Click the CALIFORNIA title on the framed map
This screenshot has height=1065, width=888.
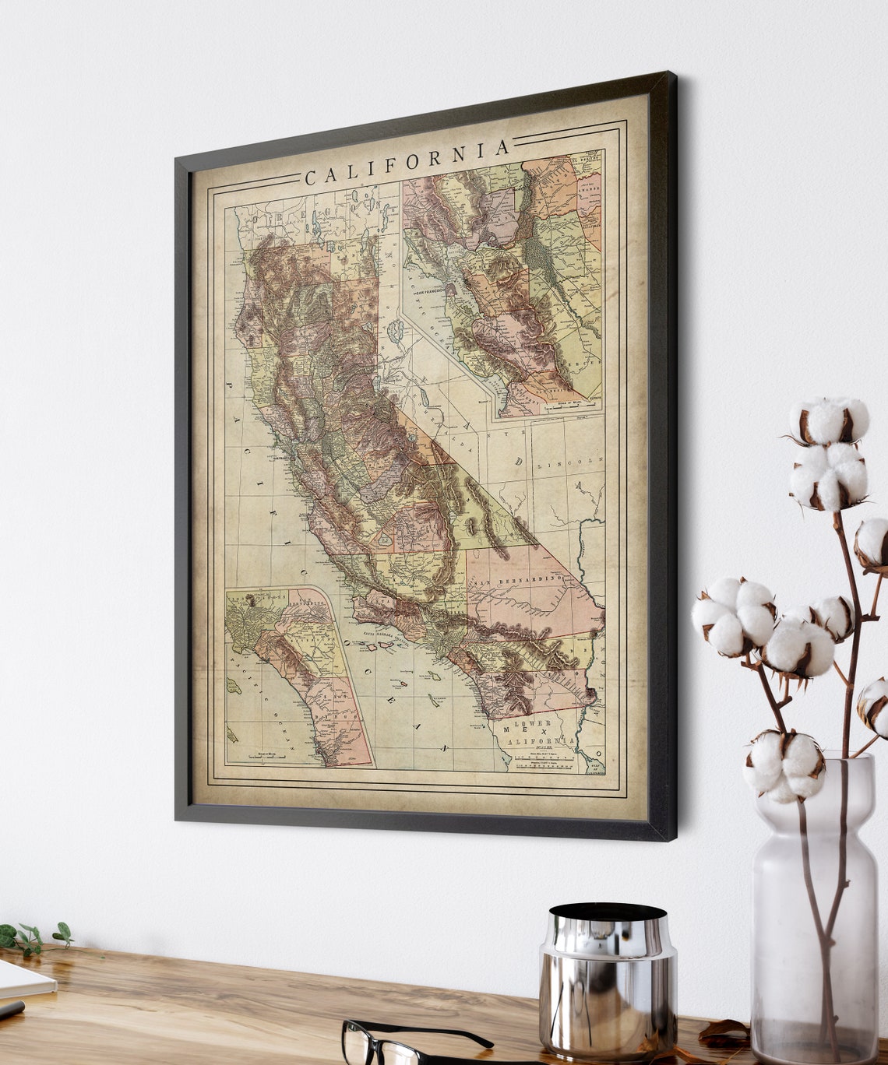[407, 163]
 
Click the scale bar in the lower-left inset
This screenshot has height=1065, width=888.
[261, 755]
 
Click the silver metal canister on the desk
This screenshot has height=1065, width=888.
[607, 981]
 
